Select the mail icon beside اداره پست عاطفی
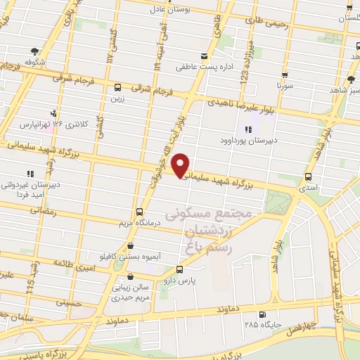[204, 56]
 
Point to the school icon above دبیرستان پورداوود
[247, 129]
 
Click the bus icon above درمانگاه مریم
[139, 212]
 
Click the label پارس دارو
[180, 280]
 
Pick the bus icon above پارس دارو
[179, 269]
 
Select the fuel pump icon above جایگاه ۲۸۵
[263, 314]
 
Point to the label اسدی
[309, 188]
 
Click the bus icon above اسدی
[309, 177]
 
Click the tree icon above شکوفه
[34, 51]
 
